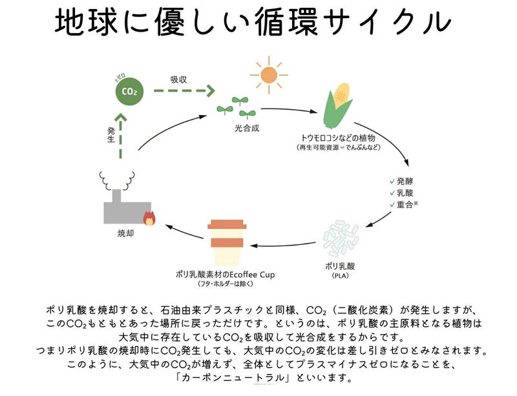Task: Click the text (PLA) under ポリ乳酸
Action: point(337,277)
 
